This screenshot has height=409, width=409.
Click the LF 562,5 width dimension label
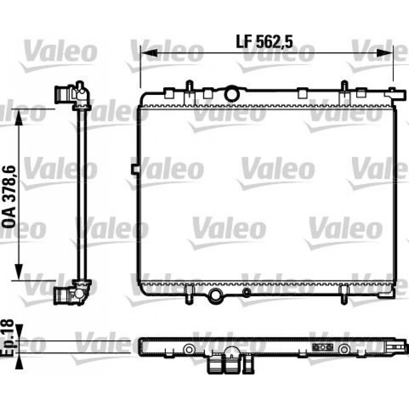[x=264, y=42]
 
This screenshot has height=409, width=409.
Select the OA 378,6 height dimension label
[x=9, y=197]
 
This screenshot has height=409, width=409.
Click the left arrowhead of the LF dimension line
[x=149, y=53]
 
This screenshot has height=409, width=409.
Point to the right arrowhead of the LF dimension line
[x=384, y=53]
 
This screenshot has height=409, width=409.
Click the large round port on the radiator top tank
[x=232, y=94]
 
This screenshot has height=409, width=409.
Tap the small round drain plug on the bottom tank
[x=246, y=293]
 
